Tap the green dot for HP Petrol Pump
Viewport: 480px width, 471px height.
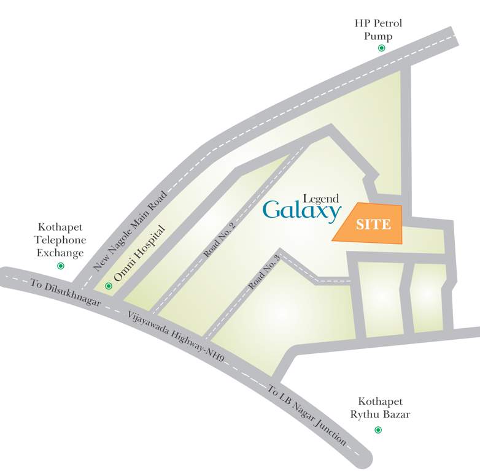(382, 48)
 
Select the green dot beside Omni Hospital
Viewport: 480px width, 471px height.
(109, 285)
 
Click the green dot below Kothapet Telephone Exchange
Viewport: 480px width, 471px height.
(60, 266)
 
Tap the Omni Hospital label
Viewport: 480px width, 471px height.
(140, 256)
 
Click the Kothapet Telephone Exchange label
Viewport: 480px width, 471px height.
(61, 239)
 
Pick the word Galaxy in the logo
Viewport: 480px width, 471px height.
(302, 210)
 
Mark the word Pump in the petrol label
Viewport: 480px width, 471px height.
(378, 36)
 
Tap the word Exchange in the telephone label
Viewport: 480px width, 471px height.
(60, 253)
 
